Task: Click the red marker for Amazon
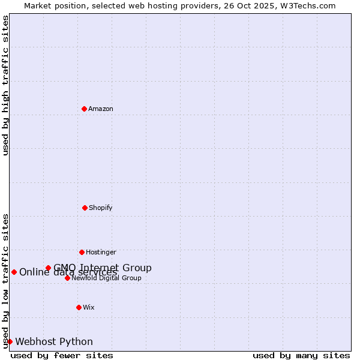pos(84,109)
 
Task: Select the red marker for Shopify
pos(85,208)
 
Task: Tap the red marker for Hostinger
pos(82,252)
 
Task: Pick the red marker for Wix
pos(79,307)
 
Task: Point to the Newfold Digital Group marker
pos(67,278)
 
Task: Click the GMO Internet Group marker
pos(48,268)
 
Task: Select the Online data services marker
pos(14,272)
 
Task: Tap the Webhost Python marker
pos(10,341)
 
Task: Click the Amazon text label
pos(101,109)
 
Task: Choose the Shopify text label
pos(101,208)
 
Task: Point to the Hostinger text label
pos(101,253)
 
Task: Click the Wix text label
pos(89,308)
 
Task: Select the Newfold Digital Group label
pos(107,278)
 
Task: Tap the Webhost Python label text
pos(54,342)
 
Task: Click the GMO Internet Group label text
pos(103,268)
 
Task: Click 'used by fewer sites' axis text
pos(62,355)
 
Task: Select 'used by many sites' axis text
pos(301,355)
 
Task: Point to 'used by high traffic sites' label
pos(6,85)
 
